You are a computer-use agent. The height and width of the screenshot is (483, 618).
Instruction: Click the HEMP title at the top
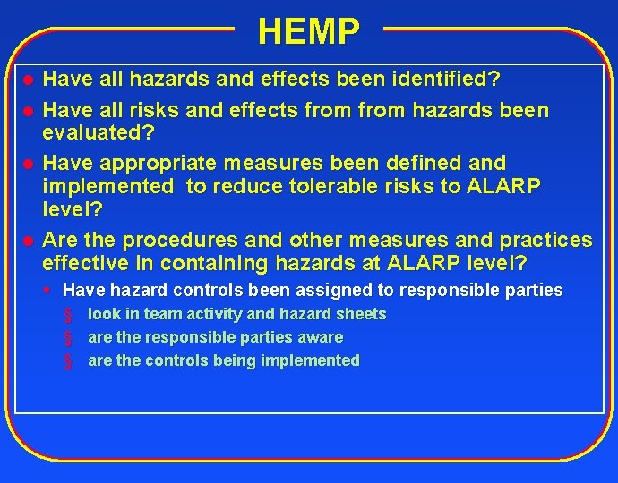pyautogui.click(x=309, y=31)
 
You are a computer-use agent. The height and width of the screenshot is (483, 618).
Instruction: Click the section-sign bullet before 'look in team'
pyautogui.click(x=67, y=315)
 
